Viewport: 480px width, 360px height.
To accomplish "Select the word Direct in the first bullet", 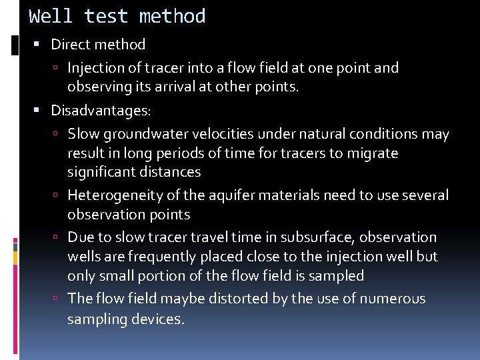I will point(69,45).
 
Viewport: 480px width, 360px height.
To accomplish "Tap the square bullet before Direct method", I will point(37,45).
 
